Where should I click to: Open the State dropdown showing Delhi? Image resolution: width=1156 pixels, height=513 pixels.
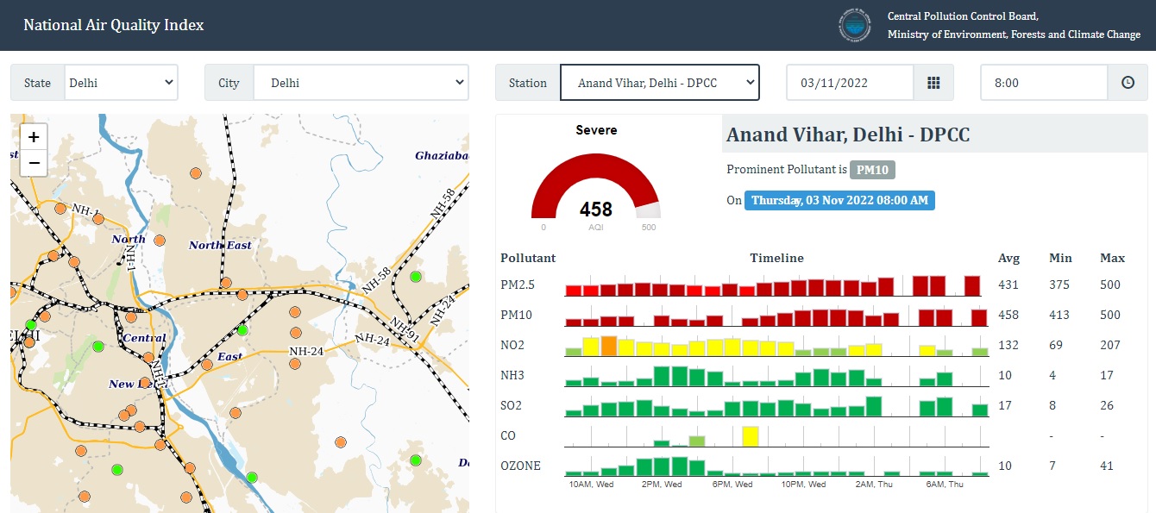(121, 83)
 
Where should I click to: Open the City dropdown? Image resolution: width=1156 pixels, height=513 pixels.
(361, 83)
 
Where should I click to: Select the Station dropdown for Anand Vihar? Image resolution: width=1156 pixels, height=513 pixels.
(659, 83)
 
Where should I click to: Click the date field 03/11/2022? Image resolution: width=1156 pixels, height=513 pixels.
(849, 83)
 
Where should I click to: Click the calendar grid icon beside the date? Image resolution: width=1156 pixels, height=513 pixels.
(933, 83)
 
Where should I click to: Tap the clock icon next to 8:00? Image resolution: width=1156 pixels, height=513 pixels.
(1127, 83)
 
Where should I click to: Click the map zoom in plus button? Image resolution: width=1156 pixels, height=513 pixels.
(34, 137)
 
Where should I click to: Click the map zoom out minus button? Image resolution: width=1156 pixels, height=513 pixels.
(34, 162)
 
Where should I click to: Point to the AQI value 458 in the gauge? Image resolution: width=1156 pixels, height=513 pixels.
(595, 210)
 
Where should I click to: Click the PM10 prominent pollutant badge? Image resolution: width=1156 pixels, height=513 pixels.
(872, 170)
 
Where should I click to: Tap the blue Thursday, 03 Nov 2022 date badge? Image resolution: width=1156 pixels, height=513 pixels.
(839, 200)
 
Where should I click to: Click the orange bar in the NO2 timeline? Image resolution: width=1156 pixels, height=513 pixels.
(608, 347)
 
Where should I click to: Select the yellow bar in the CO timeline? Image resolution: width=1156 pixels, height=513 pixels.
(750, 436)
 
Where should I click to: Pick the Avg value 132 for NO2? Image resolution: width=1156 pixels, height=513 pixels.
(1008, 345)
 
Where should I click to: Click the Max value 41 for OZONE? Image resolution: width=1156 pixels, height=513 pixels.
(1106, 466)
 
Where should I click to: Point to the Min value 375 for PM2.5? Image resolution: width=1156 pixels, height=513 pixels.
(1059, 285)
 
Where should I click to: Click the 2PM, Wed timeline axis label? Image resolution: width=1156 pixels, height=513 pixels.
(662, 485)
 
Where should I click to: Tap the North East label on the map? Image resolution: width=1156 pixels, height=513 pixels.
(220, 246)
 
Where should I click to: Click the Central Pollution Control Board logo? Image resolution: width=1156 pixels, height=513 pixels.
(854, 25)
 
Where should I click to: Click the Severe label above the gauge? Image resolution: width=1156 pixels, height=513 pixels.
(596, 130)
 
